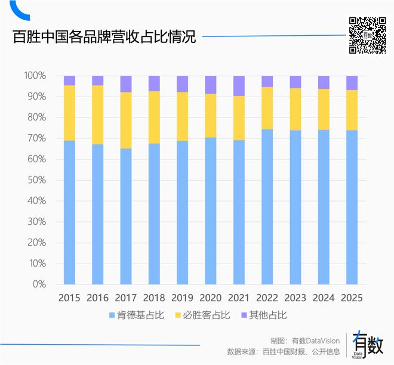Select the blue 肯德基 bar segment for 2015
69,212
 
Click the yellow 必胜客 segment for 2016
97,115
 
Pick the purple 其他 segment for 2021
239,86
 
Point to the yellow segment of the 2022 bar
267,108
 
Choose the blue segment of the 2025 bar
352,207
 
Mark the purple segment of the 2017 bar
125,84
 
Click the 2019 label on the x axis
182,298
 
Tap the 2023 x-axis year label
295,298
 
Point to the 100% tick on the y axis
35,76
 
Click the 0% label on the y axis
39,284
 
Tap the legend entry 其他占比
263,315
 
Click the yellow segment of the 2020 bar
210,116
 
